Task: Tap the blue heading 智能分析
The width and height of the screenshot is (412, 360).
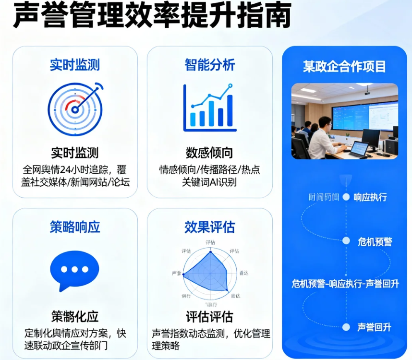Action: coord(210,65)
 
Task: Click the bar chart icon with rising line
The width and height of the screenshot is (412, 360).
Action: coord(210,108)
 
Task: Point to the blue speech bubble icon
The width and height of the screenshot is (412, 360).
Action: coord(74,270)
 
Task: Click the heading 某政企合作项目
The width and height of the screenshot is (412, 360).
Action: coord(344,66)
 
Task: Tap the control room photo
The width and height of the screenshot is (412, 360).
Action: coord(344,121)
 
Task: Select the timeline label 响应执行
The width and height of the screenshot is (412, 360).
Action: coord(370,197)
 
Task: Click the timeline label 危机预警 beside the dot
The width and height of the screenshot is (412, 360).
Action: coord(375,241)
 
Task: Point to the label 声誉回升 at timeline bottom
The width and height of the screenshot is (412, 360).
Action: coord(374,327)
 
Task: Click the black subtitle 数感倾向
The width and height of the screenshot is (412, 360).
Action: coord(210,153)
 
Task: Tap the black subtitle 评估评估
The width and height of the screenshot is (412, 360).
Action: coord(210,317)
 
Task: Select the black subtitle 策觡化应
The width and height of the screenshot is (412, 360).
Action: coord(75,317)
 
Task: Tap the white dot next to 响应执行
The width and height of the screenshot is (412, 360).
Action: coord(346,197)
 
